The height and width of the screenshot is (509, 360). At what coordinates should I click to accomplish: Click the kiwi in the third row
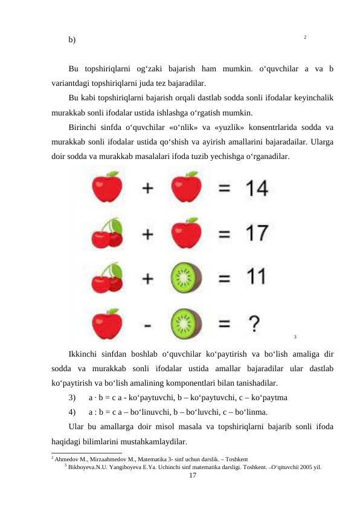pos(186,279)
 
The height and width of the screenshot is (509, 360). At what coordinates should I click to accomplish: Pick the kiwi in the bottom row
pos(186,323)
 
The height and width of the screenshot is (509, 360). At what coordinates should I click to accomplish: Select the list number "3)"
pos(72,398)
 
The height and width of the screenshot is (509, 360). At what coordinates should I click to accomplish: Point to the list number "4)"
pos(72,413)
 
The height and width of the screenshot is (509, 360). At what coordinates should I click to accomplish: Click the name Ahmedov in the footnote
pos(67,459)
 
